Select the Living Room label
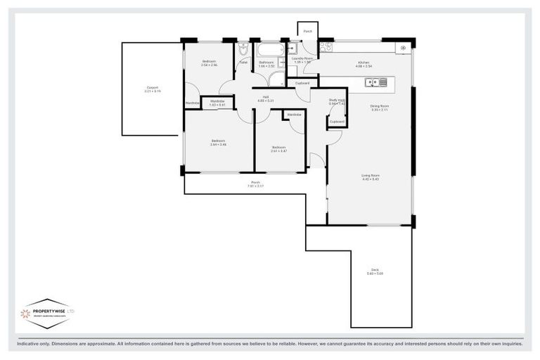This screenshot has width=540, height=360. (370, 177)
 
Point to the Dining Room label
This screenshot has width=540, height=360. (380, 108)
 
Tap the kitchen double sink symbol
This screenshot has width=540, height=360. (375, 82)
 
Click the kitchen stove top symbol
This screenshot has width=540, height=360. (326, 48)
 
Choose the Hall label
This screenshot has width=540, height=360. (266, 98)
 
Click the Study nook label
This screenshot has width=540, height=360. (337, 101)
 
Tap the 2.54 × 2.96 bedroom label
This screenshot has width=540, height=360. (209, 63)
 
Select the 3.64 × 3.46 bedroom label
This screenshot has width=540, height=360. (218, 142)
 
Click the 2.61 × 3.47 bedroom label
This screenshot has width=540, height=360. (279, 149)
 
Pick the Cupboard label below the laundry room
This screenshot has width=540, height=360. (302, 83)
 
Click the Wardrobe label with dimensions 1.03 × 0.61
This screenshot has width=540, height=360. (217, 102)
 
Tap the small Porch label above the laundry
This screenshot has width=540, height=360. (307, 32)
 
